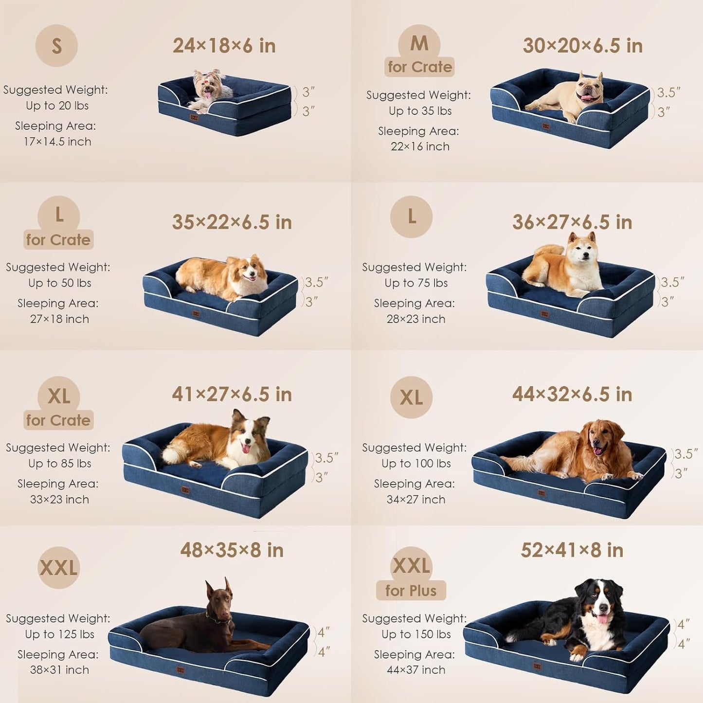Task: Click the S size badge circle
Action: point(56,46)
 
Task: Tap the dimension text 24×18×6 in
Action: point(224,46)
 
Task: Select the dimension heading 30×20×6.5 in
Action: point(582,46)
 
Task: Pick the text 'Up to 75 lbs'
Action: point(416,283)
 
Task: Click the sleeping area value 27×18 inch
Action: point(59,319)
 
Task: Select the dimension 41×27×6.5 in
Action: point(232,394)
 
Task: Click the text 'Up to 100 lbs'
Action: point(416,464)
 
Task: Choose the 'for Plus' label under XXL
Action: point(411,591)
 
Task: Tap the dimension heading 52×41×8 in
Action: point(572,550)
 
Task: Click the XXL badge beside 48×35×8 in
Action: point(58,568)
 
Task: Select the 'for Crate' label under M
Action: point(420,67)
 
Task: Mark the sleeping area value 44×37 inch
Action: point(416,670)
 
